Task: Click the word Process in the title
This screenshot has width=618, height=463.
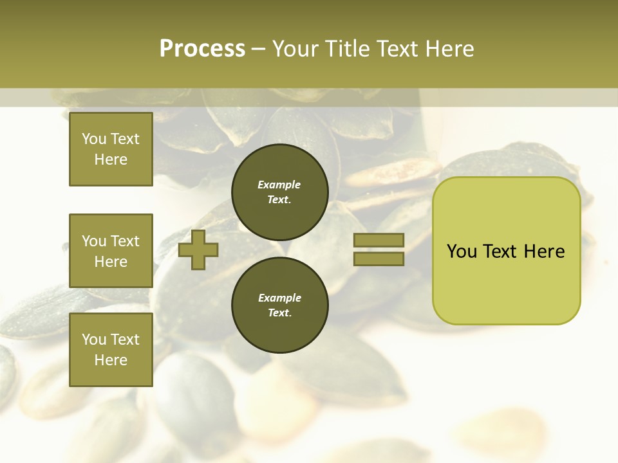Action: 202,49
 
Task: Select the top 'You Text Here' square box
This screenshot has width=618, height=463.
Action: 111,149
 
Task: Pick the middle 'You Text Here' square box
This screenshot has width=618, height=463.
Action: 111,251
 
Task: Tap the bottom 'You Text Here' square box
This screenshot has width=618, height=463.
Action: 111,349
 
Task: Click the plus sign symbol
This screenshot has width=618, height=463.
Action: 198,250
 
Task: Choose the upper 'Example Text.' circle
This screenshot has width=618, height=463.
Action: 279,192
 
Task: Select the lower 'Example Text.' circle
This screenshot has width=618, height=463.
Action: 279,305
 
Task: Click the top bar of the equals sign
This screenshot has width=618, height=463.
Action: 379,241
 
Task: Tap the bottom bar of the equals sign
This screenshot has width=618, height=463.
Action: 379,259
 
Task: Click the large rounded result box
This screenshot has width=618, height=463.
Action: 506,251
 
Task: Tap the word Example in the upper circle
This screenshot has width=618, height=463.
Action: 279,185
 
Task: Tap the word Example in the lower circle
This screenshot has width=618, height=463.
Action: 279,298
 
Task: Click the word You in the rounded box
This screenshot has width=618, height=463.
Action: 462,251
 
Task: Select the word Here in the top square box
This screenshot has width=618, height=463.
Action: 111,159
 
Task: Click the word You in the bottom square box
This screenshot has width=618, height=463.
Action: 94,340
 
